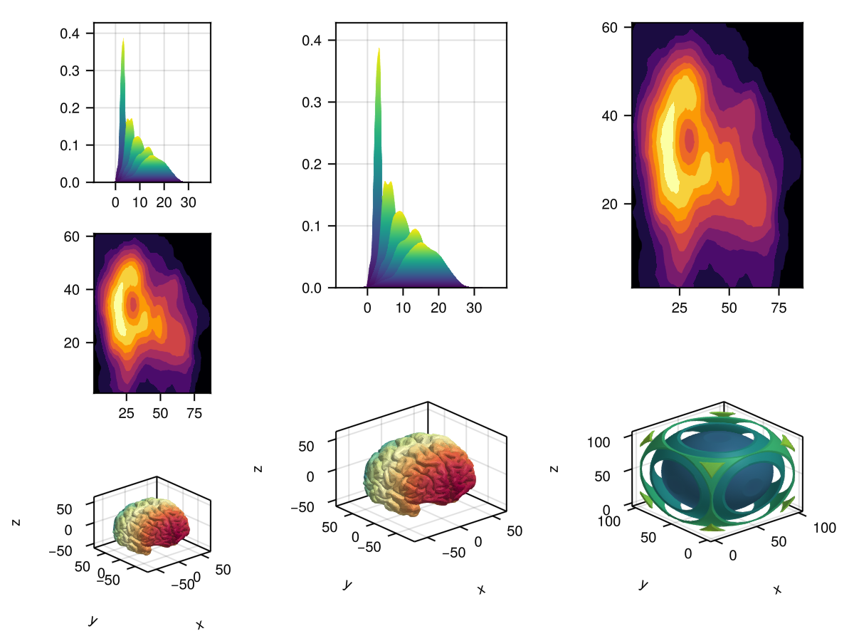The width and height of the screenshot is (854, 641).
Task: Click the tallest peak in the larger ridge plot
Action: [x=379, y=50]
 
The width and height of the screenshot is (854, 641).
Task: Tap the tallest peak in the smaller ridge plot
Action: [x=123, y=41]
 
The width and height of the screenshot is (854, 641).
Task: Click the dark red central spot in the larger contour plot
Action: [x=689, y=139]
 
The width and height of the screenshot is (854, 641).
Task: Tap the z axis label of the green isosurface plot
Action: [x=554, y=468]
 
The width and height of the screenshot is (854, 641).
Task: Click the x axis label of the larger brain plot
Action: [x=482, y=589]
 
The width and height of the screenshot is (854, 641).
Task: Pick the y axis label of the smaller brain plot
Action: [x=92, y=621]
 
